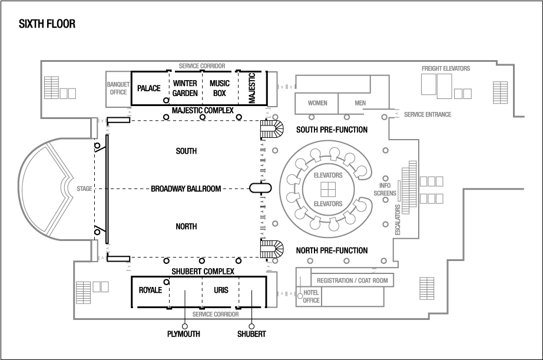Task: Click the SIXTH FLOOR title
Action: pos(47,24)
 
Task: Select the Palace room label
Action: pos(148,88)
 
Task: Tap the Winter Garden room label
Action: pos(185,88)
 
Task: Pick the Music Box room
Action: pos(220,88)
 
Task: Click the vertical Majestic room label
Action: pos(251,88)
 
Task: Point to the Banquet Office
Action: pos(118,88)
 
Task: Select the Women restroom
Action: pos(317,103)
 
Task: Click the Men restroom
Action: pos(360,103)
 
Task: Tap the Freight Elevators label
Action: pos(446,68)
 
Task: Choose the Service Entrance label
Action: pos(428,114)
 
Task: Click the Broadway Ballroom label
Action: pos(186,189)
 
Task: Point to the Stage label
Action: pos(84,189)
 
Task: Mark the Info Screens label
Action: pos(385,189)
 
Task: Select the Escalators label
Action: pos(398,220)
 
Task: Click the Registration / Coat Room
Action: pos(352,280)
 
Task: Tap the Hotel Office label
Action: pos(311,296)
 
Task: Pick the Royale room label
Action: pos(150,290)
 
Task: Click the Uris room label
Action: pos(221,290)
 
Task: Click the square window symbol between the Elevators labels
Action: pos(327,189)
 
